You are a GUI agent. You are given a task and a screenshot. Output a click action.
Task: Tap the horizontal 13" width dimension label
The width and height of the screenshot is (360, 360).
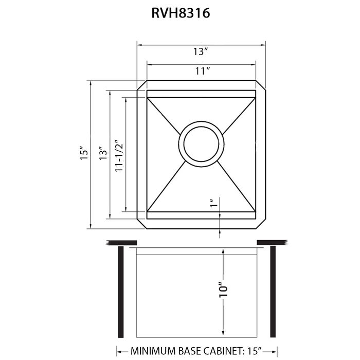[x=201, y=51]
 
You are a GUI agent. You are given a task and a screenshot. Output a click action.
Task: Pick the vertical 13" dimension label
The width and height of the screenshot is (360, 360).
[x=103, y=155]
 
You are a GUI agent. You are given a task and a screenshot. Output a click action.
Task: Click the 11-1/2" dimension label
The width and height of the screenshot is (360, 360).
[x=119, y=155]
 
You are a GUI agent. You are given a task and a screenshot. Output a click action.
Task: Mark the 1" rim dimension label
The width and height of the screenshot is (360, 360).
[x=213, y=204]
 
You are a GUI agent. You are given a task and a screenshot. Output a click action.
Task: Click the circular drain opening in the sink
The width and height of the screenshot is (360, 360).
[x=202, y=143]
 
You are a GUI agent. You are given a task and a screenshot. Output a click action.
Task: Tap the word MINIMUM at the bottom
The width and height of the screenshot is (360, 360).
[x=155, y=351]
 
